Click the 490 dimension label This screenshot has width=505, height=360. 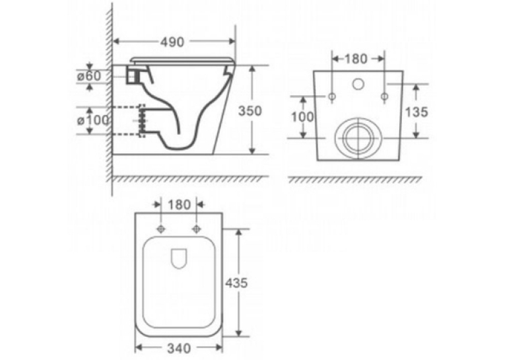172,42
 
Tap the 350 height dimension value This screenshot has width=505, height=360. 250,111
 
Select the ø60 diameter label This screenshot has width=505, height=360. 89,76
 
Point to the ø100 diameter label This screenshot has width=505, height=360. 93,120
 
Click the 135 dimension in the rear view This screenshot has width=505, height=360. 417,112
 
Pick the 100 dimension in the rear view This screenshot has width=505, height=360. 302,117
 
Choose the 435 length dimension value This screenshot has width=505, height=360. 236,283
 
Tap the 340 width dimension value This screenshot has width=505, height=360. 179,348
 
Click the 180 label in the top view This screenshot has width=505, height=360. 179,205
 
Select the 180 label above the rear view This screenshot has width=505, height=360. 356,59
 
